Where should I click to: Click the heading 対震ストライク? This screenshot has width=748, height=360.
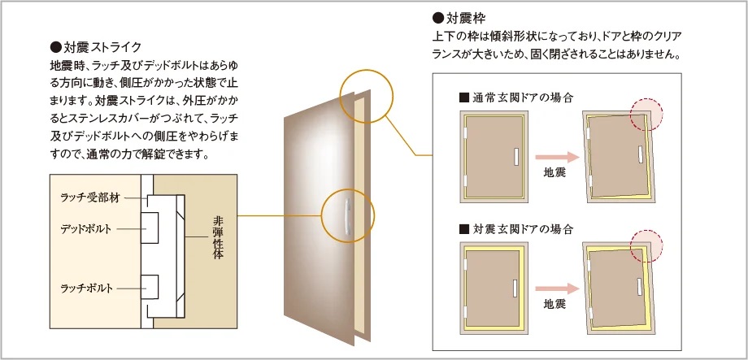coord(102,46)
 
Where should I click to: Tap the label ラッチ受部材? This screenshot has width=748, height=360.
coord(89,197)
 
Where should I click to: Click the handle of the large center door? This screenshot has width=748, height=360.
coord(347,218)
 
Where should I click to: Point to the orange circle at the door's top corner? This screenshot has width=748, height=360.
coord(367,95)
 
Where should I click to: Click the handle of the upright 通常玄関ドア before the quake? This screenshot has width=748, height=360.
coord(514,156)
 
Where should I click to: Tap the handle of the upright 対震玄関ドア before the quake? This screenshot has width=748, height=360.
coord(514,287)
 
